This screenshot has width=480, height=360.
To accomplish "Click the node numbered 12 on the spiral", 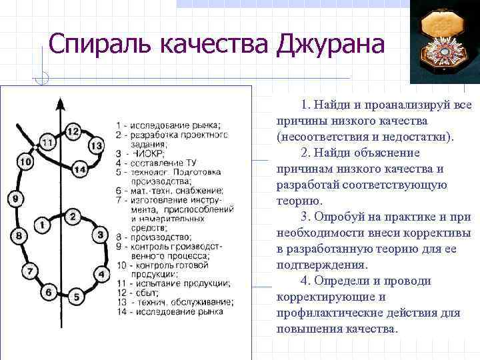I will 73,131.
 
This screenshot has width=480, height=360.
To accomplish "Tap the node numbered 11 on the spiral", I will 47,142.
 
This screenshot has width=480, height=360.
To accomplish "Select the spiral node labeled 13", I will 96,145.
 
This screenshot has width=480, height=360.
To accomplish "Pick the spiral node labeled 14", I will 79,169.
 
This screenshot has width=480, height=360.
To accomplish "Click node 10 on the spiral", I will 25,161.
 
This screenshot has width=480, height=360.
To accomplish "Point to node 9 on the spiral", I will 15,198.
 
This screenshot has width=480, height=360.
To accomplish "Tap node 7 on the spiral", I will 30,271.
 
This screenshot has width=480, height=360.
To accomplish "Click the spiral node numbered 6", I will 48,291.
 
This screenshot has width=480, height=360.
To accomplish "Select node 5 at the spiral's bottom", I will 77,296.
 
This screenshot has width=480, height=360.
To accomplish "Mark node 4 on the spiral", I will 101,273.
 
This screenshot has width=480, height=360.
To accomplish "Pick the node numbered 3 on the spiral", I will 101,235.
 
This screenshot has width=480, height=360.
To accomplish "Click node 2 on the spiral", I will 73,216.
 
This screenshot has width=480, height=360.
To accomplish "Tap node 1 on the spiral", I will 42,225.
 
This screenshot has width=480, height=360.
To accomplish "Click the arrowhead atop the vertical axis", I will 60,103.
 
